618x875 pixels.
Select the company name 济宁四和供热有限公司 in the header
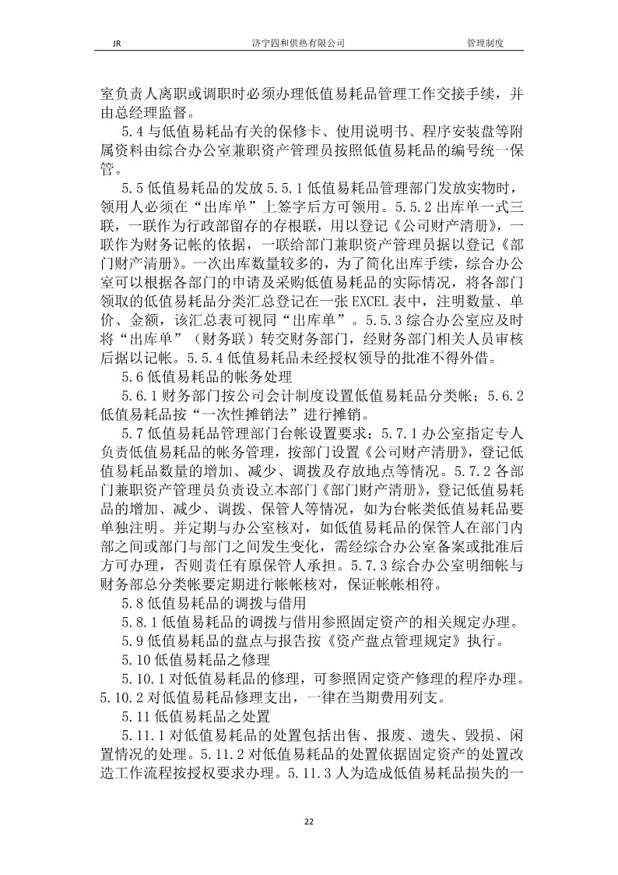click(309, 44)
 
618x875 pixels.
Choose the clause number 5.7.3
click(374, 544)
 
